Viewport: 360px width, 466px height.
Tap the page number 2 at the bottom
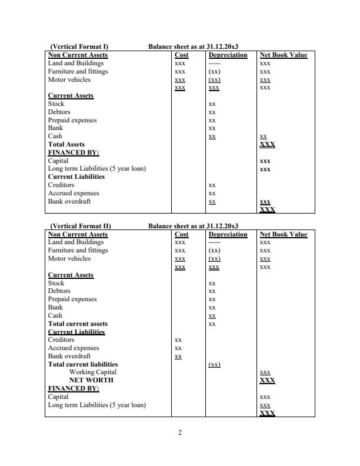[180, 433]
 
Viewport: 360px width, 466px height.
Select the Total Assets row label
[66, 144]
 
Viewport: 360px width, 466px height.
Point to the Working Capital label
[93, 372]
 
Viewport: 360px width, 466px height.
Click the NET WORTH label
[91, 380]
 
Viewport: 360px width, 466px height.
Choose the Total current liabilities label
[82, 364]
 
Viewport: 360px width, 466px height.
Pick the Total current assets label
[78, 324]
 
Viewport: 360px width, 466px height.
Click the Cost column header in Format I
[182, 55]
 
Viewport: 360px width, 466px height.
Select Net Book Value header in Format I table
[284, 55]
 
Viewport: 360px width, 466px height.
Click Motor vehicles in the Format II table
[69, 258]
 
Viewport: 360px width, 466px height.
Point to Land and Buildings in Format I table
[75, 63]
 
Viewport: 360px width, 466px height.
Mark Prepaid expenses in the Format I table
[72, 120]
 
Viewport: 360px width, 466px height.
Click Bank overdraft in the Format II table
[69, 356]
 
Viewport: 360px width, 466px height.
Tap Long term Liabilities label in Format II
[96, 405]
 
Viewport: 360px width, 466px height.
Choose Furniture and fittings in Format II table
[78, 250]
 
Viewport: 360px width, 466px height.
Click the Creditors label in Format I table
[61, 185]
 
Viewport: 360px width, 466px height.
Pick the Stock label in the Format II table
[56, 283]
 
